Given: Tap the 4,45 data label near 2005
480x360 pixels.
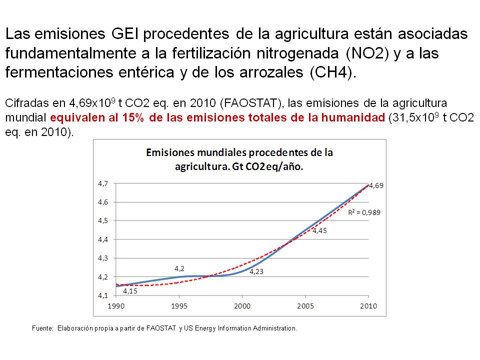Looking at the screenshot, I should (x=320, y=230).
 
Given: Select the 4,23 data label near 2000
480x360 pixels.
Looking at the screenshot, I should (x=256, y=271).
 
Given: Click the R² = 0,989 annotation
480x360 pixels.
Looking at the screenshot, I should (x=364, y=212).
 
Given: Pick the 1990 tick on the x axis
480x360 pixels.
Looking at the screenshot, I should (x=115, y=305).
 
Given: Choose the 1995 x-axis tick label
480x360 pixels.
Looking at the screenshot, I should (x=178, y=305).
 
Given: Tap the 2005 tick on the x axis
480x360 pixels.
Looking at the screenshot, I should (x=305, y=305).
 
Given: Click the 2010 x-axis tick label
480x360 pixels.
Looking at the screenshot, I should (x=368, y=305).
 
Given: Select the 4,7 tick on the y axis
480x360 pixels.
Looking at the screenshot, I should (x=102, y=183).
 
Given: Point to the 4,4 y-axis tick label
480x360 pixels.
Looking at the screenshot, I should (x=102, y=239).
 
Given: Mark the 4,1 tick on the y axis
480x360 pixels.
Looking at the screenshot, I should (x=102, y=295).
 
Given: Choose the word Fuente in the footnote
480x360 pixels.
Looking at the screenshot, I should (x=42, y=328).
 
